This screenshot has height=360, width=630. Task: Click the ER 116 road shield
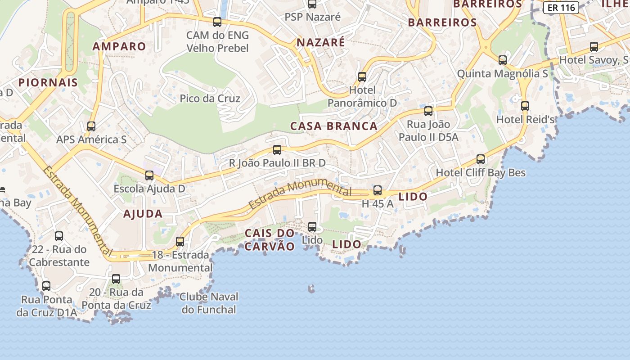(x=561, y=8)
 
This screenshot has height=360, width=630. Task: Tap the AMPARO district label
(x=119, y=46)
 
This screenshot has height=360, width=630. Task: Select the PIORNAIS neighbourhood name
(x=48, y=82)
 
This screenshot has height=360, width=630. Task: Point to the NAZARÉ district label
(x=321, y=43)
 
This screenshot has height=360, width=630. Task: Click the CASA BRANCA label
(x=334, y=126)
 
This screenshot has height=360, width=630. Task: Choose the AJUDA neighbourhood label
(x=143, y=214)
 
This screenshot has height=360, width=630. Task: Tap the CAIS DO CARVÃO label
(x=270, y=240)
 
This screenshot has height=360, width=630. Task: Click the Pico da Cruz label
(x=210, y=99)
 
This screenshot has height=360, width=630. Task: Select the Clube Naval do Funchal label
(x=209, y=303)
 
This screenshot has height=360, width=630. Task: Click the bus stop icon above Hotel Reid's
(x=525, y=106)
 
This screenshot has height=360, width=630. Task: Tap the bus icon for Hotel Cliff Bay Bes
(x=481, y=159)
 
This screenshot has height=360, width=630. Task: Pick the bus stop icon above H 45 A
(x=378, y=190)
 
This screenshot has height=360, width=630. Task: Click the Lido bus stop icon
(x=312, y=227)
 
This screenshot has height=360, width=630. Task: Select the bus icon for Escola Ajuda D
(x=149, y=175)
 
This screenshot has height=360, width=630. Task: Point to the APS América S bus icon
(x=91, y=126)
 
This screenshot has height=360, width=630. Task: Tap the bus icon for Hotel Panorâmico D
(x=362, y=77)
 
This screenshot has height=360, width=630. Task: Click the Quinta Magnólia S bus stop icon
(x=503, y=60)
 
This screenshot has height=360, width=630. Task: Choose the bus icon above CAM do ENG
(x=217, y=22)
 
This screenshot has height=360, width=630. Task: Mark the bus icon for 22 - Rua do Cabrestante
(x=59, y=236)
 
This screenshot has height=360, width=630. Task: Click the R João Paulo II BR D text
(x=277, y=163)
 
